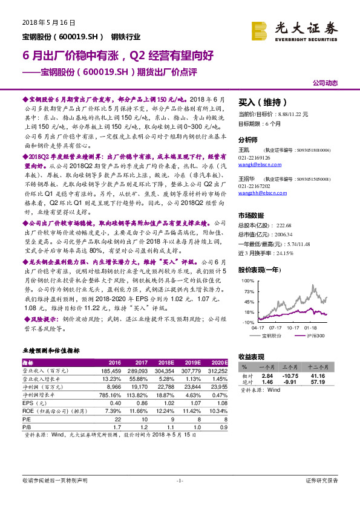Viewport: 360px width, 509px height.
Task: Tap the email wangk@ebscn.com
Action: click(x=253, y=164)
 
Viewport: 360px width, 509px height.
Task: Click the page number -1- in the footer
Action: click(x=180, y=481)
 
